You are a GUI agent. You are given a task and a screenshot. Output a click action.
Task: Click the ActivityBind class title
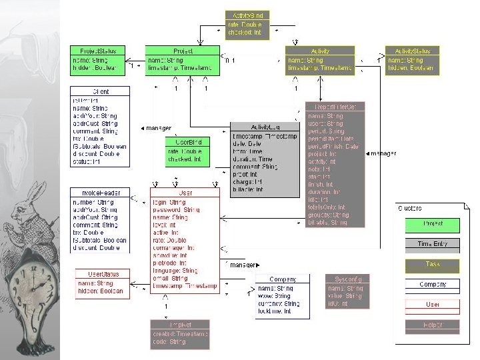pos(247,15)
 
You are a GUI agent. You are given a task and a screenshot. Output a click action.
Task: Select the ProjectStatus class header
pos(99,51)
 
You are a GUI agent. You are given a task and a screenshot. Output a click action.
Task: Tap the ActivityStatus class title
pos(413,51)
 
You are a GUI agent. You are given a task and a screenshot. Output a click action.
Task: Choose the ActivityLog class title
pos(265,127)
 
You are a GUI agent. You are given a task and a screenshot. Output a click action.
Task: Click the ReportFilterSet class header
pos(335,107)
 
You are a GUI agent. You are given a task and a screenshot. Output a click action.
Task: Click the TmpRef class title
pos(179,325)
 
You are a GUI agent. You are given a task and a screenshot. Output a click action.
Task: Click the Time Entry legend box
pos(433,244)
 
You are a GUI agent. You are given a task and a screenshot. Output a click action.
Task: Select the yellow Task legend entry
pos(433,265)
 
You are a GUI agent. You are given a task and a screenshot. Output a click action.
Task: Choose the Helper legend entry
pos(433,325)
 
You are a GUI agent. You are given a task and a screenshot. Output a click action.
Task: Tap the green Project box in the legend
pos(433,224)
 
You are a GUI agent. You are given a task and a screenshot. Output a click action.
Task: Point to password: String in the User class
pos(176,209)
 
